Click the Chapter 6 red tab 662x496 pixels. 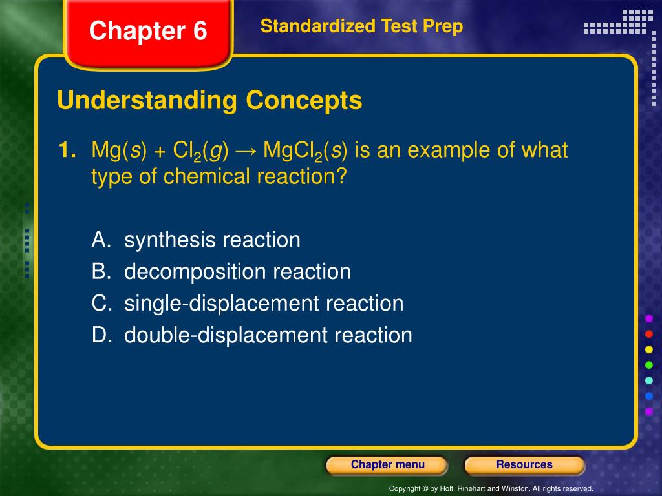148,31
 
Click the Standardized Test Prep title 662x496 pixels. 361,26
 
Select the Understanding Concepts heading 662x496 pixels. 209,101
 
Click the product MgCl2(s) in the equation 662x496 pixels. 306,151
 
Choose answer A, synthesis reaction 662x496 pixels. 196,240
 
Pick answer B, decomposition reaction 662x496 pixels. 221,271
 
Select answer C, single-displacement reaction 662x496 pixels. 248,303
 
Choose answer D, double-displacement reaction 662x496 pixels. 251,335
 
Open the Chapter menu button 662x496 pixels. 387,465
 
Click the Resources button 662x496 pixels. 524,465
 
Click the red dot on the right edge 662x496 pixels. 649,334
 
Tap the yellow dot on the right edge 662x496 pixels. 649,349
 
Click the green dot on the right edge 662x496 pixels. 649,365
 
